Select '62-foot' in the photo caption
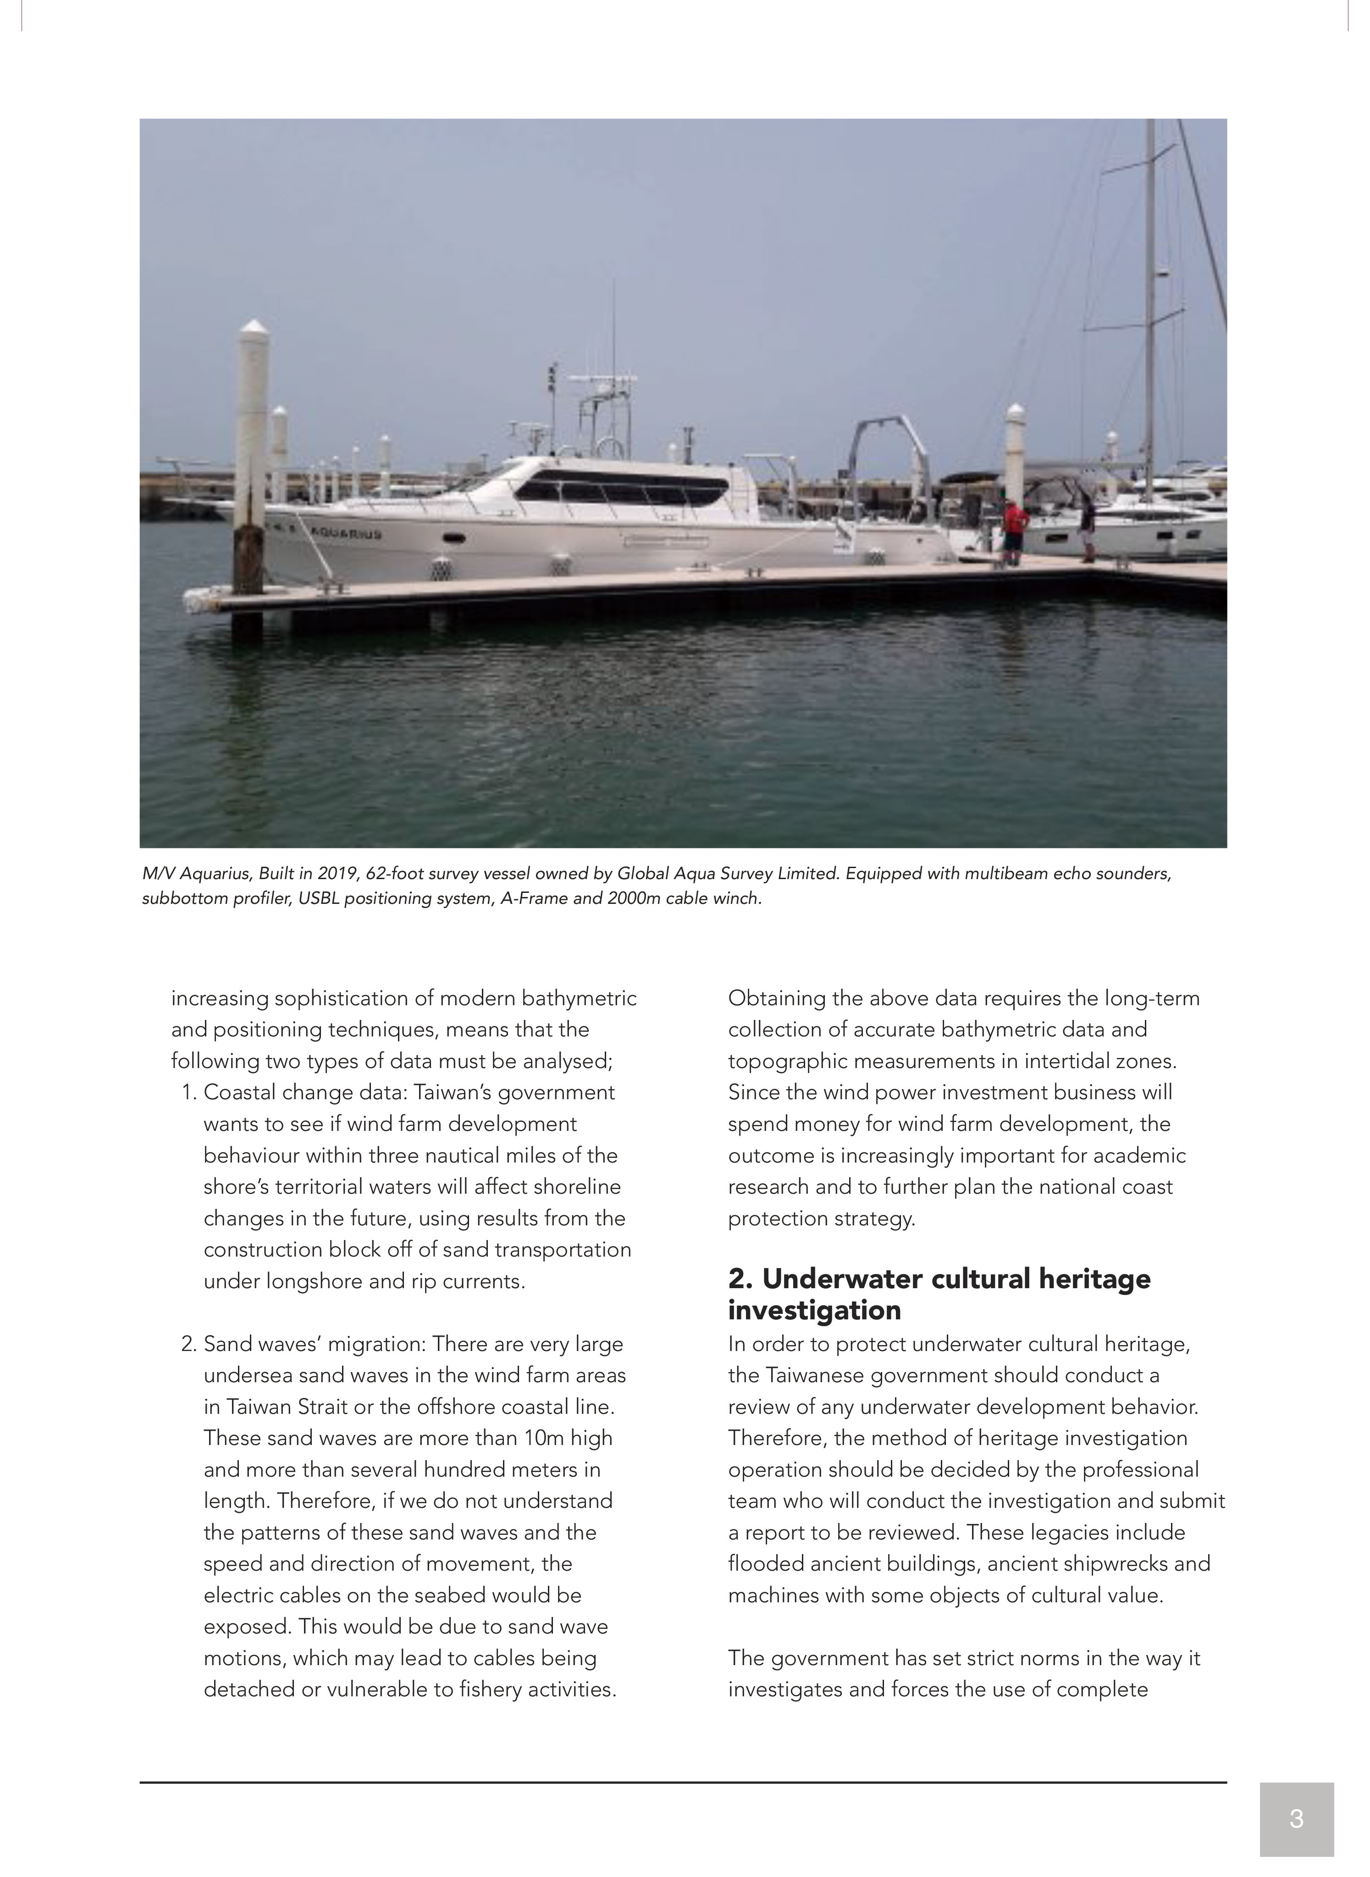394,874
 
